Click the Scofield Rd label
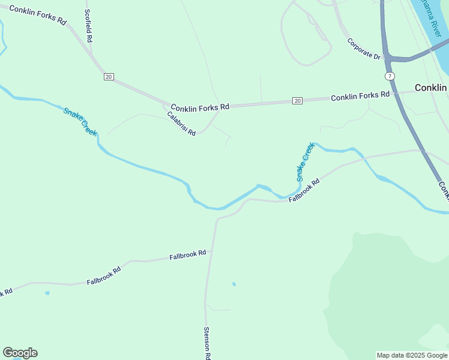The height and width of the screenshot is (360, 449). (x=89, y=25)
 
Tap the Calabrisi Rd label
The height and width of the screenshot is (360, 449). (x=181, y=124)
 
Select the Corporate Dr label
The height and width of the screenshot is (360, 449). (x=364, y=49)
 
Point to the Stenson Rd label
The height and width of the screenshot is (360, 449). (x=206, y=343)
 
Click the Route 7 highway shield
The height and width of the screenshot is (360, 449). (x=390, y=76)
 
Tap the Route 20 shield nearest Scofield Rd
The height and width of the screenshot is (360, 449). (x=108, y=77)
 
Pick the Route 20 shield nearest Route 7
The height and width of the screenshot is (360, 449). (x=297, y=101)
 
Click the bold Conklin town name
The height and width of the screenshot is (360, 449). (x=431, y=88)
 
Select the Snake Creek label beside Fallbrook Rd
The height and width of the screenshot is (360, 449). (x=305, y=162)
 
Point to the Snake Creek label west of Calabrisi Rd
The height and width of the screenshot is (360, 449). (x=80, y=121)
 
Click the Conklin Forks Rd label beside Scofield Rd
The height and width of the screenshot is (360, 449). (x=38, y=15)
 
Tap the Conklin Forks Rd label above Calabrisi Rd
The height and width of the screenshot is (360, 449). (x=200, y=107)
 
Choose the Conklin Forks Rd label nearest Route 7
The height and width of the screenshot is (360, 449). (x=360, y=96)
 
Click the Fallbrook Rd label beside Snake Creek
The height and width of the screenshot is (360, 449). (x=304, y=190)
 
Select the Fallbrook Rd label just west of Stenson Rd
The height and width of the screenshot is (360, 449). (x=187, y=255)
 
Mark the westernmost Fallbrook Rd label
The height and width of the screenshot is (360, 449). (x=6, y=293)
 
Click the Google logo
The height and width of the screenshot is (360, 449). (x=20, y=353)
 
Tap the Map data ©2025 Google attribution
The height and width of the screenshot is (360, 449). (x=412, y=355)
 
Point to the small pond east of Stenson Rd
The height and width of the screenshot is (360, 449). (x=234, y=284)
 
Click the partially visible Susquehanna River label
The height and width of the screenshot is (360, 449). (x=431, y=15)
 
